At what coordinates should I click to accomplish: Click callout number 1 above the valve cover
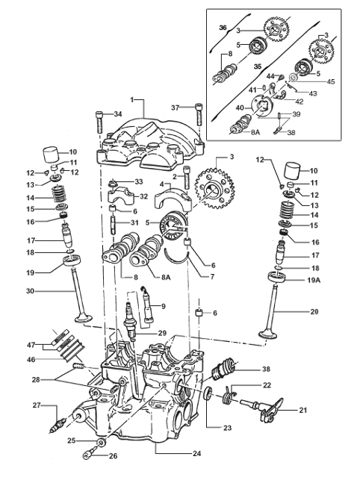coord(131,99)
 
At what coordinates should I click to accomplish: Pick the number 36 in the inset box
coord(222,27)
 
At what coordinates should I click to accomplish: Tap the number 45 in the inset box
coord(332,82)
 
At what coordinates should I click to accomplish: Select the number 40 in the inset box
coord(240,107)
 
